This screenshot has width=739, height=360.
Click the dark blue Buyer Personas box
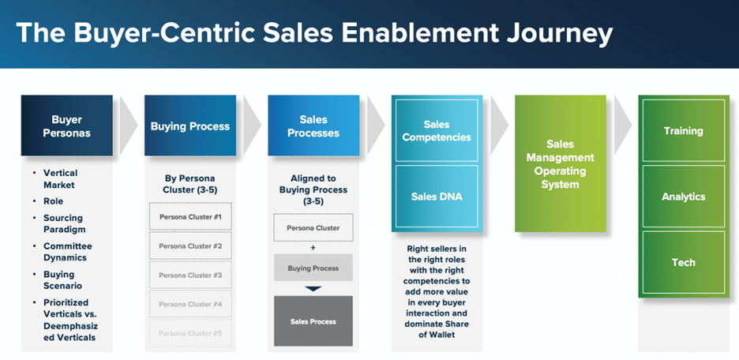[x=66, y=126]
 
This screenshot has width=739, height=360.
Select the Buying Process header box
[x=190, y=126]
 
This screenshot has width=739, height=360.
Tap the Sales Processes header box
[x=313, y=126]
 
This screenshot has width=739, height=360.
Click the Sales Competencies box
[x=437, y=130]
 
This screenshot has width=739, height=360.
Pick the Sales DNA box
[x=437, y=196]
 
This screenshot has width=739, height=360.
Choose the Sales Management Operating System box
[x=561, y=163]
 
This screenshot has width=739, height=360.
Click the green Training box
[x=684, y=130]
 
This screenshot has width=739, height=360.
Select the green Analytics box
[x=684, y=196]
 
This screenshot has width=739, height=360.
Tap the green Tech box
[x=684, y=262]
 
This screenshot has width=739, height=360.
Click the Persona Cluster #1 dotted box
[x=190, y=217]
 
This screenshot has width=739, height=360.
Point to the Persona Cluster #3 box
[x=190, y=276]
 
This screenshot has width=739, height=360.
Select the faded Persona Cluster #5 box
[x=190, y=333]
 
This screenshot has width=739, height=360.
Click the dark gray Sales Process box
[x=313, y=321]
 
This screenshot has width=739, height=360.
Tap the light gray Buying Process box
[x=313, y=268]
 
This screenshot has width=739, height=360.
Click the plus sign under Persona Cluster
[x=313, y=248]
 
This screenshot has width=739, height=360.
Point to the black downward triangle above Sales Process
[x=313, y=288]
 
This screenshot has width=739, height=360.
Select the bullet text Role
[x=53, y=201]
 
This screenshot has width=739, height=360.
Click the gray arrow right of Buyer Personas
[x=129, y=126]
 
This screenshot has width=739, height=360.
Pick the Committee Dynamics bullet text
[x=68, y=252]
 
